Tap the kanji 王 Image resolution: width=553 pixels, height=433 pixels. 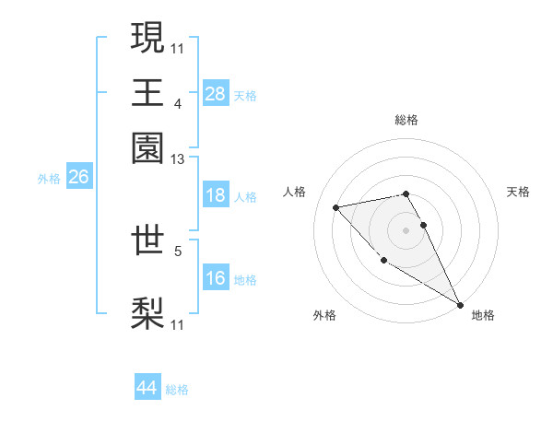[148, 92]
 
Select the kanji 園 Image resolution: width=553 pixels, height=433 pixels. [148, 147]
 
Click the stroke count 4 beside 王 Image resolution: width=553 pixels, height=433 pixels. [177, 103]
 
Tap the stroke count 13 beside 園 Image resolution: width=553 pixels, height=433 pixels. [177, 159]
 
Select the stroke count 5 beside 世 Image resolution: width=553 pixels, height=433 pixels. [177, 250]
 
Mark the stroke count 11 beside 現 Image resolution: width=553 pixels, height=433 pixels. [177, 48]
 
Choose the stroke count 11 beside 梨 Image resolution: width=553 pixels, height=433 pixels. [177, 324]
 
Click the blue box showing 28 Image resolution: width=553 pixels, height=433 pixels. [215, 93]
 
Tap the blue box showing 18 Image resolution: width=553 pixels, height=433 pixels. [215, 195]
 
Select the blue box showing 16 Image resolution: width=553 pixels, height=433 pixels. [215, 278]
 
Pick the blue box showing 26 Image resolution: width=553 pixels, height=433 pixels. [78, 177]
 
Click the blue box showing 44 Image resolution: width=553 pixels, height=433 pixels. [147, 388]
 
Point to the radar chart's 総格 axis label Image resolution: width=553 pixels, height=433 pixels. [406, 120]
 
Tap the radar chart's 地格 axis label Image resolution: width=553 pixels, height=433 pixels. [483, 315]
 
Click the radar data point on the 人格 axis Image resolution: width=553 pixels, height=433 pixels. [336, 207]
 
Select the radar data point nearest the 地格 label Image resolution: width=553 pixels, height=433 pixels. [460, 305]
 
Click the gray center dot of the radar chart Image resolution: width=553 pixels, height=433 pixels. [406, 229]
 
